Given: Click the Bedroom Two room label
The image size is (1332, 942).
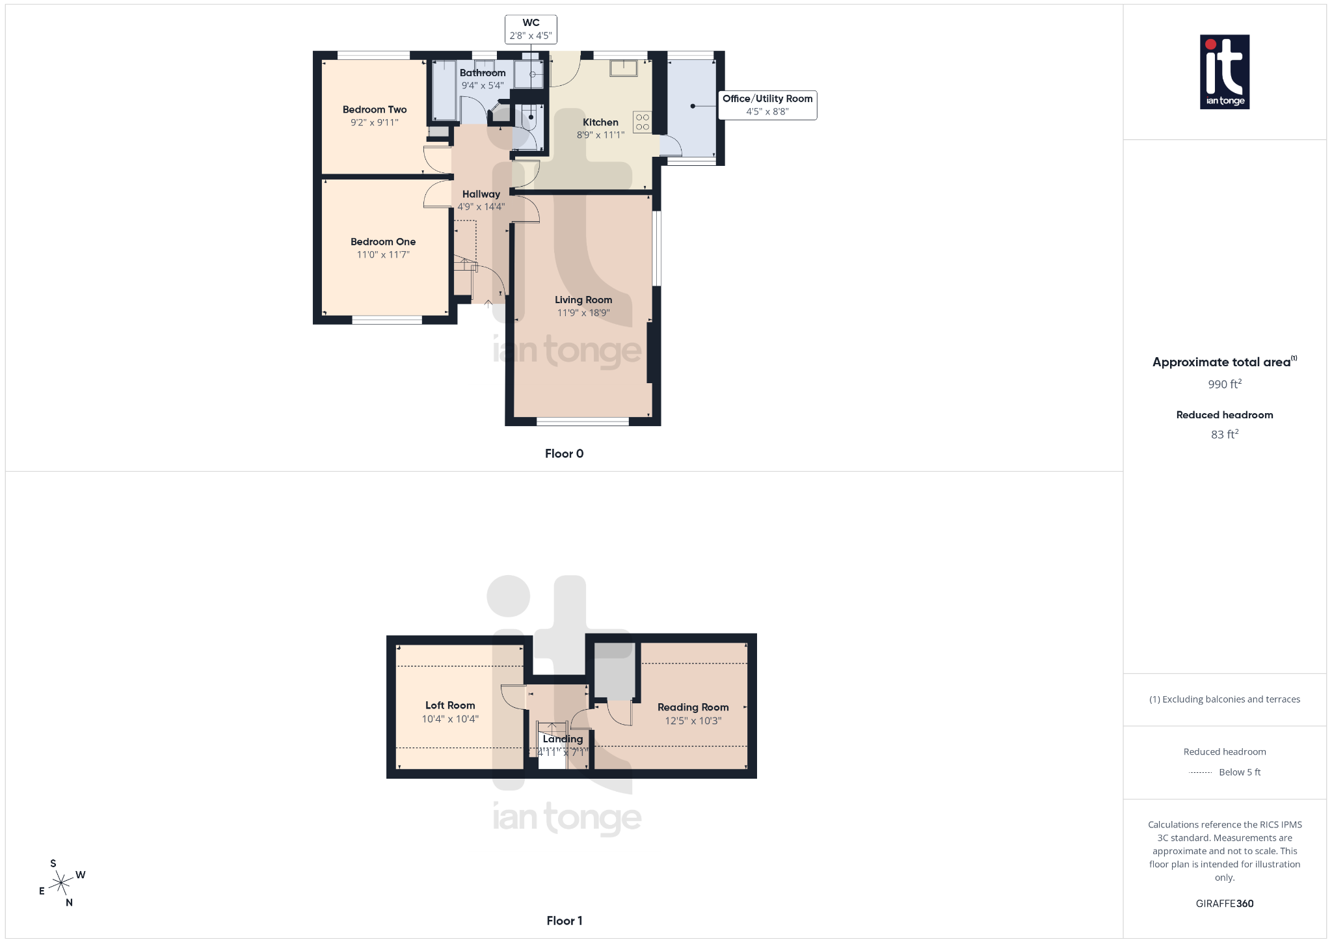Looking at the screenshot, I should tap(375, 109).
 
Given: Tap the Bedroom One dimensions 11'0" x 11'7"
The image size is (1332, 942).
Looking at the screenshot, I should tap(383, 255).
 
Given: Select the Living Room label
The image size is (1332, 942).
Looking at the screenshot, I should tap(583, 300).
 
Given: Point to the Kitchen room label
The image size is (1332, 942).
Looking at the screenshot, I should tap(600, 122).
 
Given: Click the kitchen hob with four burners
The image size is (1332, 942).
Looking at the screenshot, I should tap(642, 122).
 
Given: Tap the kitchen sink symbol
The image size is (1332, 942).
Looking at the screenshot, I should tap(623, 68).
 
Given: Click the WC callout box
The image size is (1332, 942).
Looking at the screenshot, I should tap(531, 29).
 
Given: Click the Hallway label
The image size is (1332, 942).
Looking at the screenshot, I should tap(481, 194).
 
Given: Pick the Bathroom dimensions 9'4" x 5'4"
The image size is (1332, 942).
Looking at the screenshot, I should tap(483, 85).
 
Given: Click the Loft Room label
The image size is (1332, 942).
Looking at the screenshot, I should tap(450, 705).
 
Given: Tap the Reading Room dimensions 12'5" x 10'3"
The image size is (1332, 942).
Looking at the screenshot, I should tap(693, 721).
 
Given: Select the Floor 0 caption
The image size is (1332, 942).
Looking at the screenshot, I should tap(564, 453).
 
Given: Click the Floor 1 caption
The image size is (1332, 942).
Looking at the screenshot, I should tap(564, 921).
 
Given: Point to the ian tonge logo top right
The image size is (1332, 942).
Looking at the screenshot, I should tap(1225, 72).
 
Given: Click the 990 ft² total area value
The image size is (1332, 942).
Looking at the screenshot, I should tap(1225, 384).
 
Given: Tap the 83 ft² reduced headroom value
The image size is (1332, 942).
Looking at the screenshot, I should tap(1225, 434).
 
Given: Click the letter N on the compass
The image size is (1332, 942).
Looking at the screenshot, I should tap(69, 902).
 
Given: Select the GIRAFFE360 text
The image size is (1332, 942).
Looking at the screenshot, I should tap(1225, 904).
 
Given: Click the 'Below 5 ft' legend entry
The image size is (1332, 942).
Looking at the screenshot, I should tap(1239, 772).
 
